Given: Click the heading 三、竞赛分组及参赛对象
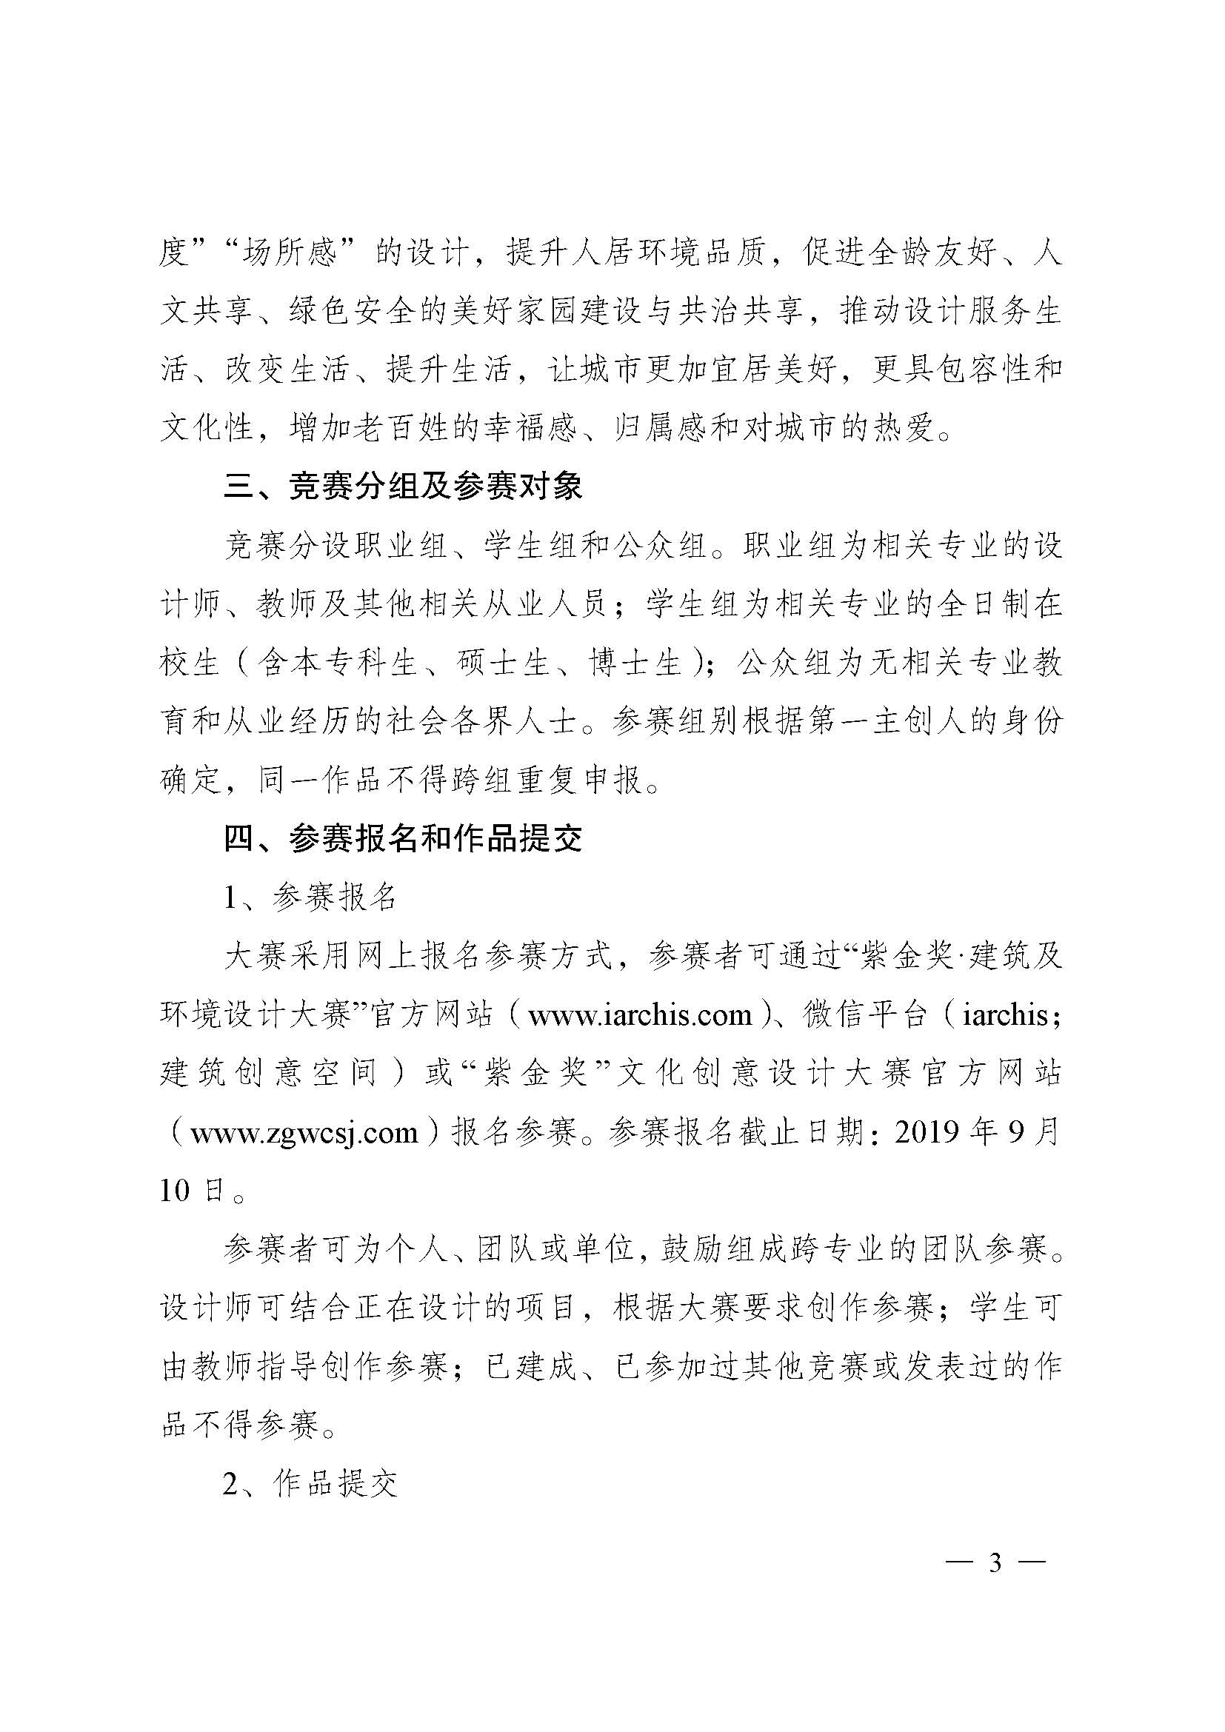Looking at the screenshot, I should pos(403,487).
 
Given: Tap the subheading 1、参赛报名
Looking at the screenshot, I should pos(310,897).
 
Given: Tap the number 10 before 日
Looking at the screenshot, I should pos(174,1191).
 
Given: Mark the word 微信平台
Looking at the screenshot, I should pos(864,1015).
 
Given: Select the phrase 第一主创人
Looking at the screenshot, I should pos(855,722).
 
